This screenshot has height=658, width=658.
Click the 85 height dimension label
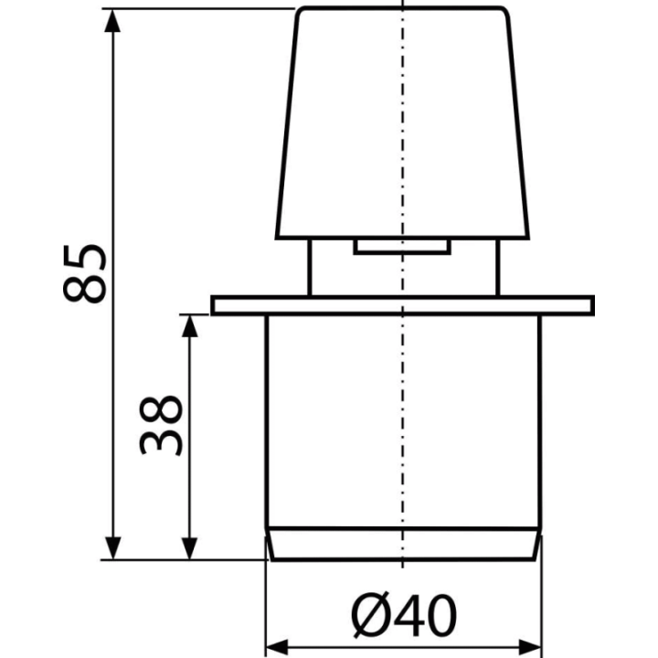[x=84, y=273]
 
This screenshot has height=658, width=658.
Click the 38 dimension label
[x=161, y=425]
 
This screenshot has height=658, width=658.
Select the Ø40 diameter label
[x=403, y=615]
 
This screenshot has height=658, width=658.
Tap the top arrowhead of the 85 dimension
[x=112, y=21]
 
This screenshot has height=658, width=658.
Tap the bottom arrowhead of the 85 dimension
[x=112, y=547]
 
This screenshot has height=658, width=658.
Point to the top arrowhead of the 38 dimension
[x=190, y=326]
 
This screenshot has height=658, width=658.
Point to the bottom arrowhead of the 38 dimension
[x=190, y=547]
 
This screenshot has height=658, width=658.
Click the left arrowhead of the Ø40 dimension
[x=278, y=647]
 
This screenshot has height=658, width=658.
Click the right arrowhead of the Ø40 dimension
[x=530, y=647]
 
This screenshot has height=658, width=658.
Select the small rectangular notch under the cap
[x=402, y=247]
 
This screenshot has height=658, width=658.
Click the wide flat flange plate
[x=402, y=305]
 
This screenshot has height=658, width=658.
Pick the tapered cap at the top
[x=402, y=123]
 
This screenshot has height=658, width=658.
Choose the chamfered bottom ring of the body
[x=403, y=544]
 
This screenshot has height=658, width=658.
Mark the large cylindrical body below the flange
[x=403, y=420]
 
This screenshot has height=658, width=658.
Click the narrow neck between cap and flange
[x=403, y=268]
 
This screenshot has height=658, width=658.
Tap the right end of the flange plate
[x=593, y=305]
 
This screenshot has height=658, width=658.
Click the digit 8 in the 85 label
[x=84, y=289]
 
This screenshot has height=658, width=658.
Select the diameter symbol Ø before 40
[x=369, y=615]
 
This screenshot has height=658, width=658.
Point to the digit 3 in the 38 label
[x=161, y=441]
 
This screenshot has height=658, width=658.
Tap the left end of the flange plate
[x=213, y=305]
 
